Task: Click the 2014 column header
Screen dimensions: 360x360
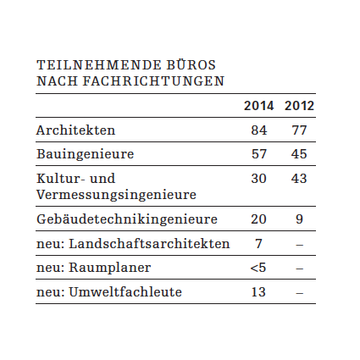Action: click(x=258, y=106)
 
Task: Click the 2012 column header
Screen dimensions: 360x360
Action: click(x=299, y=106)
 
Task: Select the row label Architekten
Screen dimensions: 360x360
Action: click(x=75, y=130)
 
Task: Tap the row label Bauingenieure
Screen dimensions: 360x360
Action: click(x=85, y=154)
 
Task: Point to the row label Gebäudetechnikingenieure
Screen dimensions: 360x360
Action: click(x=127, y=219)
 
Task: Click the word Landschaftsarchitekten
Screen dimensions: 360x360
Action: click(x=149, y=243)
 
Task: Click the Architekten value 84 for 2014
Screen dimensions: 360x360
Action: click(x=258, y=130)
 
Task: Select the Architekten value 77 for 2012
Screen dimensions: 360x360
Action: click(x=299, y=130)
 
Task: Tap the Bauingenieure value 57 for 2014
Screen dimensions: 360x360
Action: click(x=258, y=154)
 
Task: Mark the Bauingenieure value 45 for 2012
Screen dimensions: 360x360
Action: click(x=299, y=154)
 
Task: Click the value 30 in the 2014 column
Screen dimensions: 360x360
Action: click(x=258, y=179)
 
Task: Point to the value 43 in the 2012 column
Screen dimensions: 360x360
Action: click(x=299, y=179)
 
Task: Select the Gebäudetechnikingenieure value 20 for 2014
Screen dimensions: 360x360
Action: click(x=258, y=219)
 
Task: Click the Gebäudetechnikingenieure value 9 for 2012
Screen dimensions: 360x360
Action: click(x=300, y=219)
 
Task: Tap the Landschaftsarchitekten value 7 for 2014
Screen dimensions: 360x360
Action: click(x=258, y=243)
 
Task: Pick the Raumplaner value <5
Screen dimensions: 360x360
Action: click(x=258, y=268)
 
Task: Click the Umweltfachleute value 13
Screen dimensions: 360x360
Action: click(x=258, y=291)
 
